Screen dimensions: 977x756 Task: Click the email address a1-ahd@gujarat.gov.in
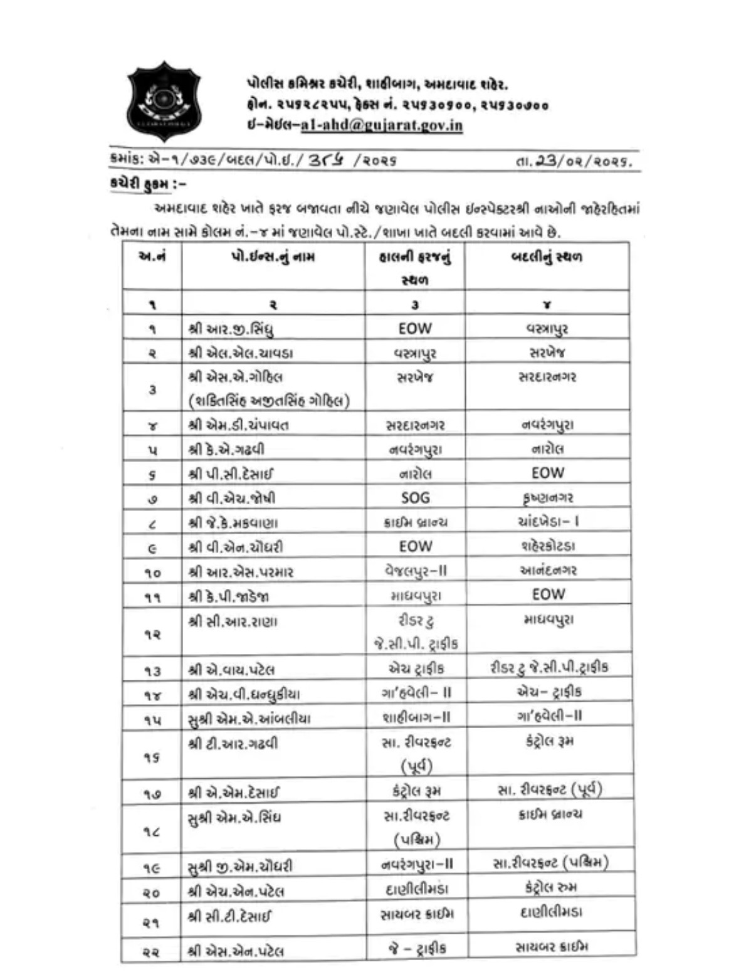coord(381,125)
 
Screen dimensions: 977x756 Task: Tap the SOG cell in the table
coord(415,498)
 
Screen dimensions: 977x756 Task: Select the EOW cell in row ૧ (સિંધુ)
coord(415,328)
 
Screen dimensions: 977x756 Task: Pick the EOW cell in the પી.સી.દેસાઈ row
coord(547,473)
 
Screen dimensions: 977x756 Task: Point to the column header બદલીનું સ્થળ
coord(547,256)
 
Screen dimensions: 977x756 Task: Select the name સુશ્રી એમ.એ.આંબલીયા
coord(249,719)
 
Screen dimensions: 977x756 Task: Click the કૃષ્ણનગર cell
coord(547,498)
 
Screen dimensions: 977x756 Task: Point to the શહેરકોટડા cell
coord(547,546)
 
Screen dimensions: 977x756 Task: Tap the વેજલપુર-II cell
coord(416,571)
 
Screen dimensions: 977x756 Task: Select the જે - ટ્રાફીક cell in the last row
coord(417,948)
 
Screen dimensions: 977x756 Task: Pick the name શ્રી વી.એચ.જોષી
coord(232,499)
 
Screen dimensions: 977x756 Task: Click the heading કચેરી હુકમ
coord(145,184)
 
